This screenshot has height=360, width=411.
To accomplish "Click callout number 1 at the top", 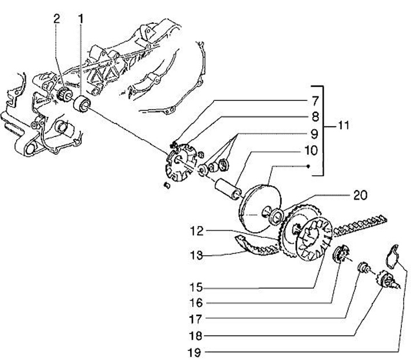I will point(80,18).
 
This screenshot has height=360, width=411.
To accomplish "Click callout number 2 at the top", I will point(57,18).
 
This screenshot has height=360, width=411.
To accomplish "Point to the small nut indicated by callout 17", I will point(362,266).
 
